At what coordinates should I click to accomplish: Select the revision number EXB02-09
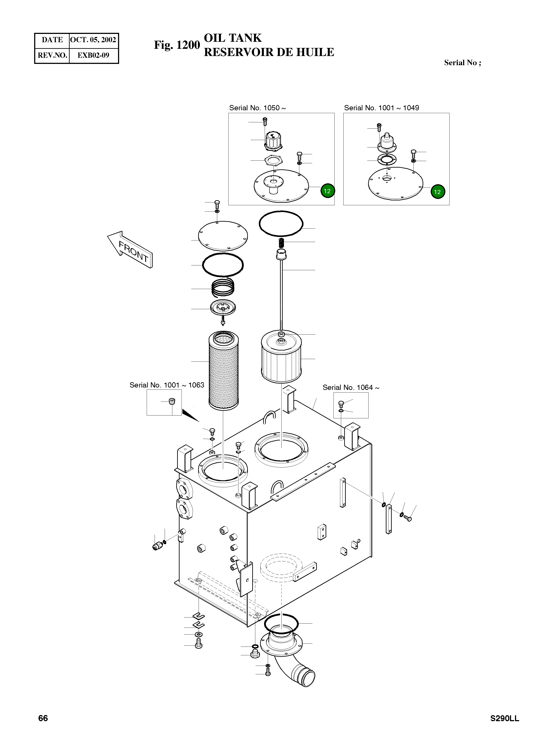tap(93, 55)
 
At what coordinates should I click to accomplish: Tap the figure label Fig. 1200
tap(176, 45)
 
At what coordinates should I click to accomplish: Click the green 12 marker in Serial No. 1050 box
tap(327, 191)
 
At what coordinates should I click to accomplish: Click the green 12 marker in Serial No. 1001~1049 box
tap(437, 192)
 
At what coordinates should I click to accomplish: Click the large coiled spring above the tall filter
tap(223, 287)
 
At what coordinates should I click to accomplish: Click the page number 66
tap(43, 718)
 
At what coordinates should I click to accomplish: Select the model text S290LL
tap(504, 719)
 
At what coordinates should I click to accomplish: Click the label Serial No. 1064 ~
tap(351, 387)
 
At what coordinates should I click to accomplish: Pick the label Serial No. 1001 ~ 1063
tap(167, 385)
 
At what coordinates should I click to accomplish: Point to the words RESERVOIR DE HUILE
tap(269, 53)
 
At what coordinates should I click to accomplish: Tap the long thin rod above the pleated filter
tap(281, 294)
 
